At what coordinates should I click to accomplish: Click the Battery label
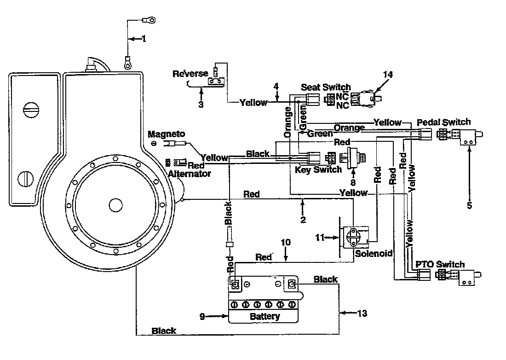(264, 316)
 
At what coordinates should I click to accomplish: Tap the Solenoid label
(374, 254)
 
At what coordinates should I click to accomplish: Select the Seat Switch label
(326, 87)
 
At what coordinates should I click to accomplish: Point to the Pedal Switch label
(444, 122)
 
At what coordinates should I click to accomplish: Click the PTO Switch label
(440, 264)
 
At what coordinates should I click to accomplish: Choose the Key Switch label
(318, 169)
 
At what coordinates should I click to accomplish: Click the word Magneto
(167, 134)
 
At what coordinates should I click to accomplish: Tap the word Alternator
(189, 174)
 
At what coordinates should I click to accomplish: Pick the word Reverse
(190, 74)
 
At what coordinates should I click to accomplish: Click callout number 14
(388, 75)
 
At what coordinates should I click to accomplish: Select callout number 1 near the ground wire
(144, 39)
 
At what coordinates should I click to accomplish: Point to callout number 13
(362, 313)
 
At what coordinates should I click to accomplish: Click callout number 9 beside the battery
(202, 316)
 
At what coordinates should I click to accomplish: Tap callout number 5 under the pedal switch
(470, 205)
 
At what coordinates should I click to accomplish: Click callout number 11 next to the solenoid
(320, 238)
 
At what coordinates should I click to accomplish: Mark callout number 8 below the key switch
(353, 183)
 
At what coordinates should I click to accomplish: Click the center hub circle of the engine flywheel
(115, 205)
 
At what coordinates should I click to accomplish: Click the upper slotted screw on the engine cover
(31, 110)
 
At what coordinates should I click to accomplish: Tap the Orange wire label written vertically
(287, 122)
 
